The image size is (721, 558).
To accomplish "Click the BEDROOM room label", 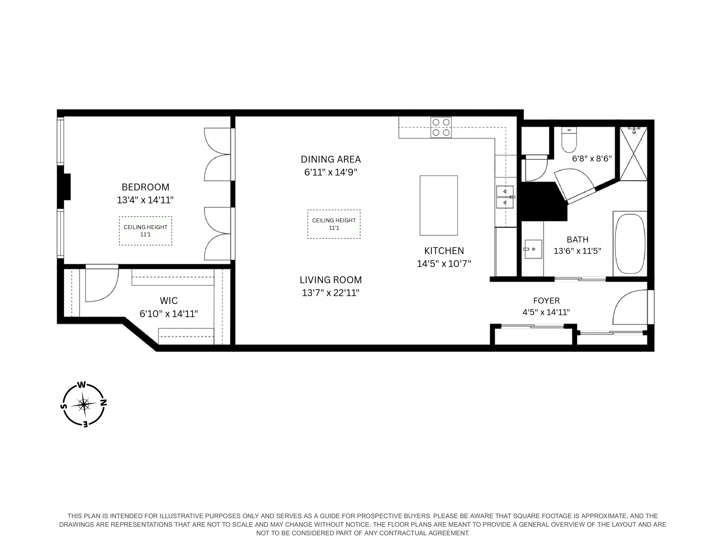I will [x=145, y=187].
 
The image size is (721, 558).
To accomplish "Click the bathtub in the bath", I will [x=630, y=244].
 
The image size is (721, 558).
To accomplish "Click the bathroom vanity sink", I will [x=533, y=249].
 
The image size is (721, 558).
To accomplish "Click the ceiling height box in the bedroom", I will [x=145, y=231].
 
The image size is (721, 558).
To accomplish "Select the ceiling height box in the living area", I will [x=334, y=224].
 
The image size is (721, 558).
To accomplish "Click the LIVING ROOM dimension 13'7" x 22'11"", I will [x=330, y=293].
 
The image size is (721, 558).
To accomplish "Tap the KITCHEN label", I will [x=444, y=251].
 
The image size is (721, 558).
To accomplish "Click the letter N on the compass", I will [x=103, y=403].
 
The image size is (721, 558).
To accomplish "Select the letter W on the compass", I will [x=81, y=385].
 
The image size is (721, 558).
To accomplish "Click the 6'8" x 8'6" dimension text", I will [x=592, y=159].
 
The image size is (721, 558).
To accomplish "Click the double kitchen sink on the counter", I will [x=505, y=197].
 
